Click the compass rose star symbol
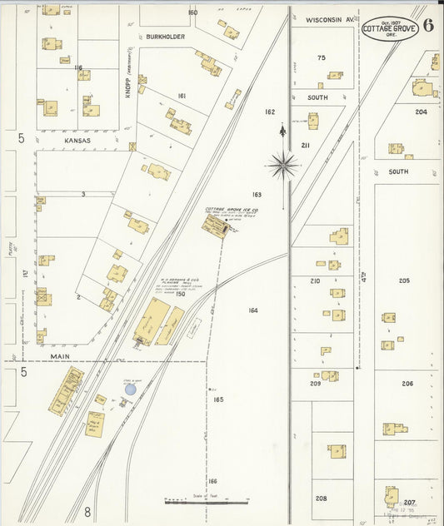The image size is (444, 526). point(283,165)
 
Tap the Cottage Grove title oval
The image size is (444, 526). point(390,28)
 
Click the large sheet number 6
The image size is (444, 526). point(427,24)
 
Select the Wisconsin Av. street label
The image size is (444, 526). point(330,18)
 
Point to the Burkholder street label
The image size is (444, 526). point(167,37)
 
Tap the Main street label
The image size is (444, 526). point(59,355)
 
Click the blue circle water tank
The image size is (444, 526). point(129,389)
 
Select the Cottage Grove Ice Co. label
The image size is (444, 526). point(232,211)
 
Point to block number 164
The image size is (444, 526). point(253,310)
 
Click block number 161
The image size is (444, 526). point(182,97)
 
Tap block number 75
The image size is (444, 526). point(322,57)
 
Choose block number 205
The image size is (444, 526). point(405,280)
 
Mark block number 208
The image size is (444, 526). point(321,498)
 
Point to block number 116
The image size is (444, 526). point(78,67)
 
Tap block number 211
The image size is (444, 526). point(306,146)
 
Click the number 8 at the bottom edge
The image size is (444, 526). point(86,512)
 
